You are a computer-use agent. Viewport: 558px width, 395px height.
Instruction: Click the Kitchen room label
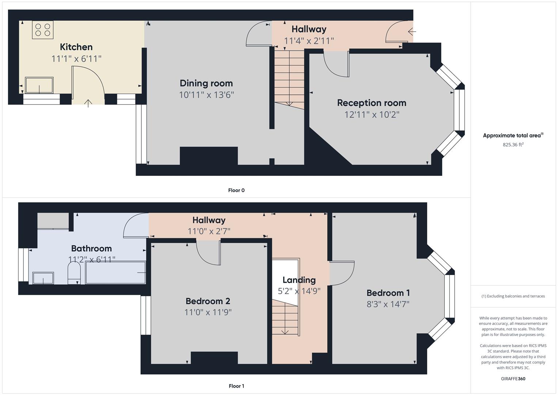coord(76,47)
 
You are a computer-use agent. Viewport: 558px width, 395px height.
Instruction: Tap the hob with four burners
coord(43,30)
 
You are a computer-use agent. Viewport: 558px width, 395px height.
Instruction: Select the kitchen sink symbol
coord(39,85)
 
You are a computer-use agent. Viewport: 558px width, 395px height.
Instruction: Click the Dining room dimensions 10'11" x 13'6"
coord(206,95)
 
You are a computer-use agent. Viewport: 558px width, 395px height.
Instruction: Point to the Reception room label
coord(371,103)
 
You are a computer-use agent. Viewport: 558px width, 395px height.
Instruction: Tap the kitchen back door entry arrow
coord(88,103)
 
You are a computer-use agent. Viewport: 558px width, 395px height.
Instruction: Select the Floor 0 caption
coord(236,190)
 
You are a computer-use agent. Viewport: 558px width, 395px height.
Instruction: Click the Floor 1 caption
coord(236,386)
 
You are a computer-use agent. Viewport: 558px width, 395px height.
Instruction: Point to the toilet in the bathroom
coord(74,274)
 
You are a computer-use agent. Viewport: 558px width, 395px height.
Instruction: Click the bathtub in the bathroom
coord(115,272)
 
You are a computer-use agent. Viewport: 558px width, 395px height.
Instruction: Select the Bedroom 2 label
coord(208,301)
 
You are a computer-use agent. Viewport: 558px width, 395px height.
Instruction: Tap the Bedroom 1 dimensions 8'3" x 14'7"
coord(388,304)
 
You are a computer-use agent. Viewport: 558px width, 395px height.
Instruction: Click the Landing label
coord(299,280)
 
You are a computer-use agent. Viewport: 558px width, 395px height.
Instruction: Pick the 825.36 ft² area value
coord(513,144)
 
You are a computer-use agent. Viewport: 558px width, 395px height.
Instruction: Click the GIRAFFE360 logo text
coord(513,379)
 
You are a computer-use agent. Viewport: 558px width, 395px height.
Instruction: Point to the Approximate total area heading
coord(512,135)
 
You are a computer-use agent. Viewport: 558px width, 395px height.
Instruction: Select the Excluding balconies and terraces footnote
coord(513,296)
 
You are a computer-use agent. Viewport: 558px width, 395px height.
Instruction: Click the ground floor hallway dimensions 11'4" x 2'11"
coord(309,41)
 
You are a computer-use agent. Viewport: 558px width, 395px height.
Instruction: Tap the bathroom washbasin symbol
coord(43,278)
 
